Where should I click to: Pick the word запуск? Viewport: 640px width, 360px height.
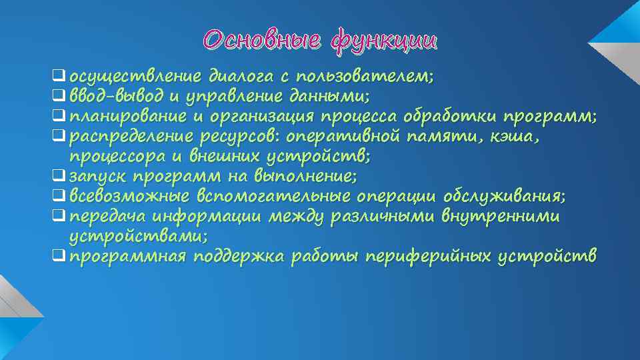[x=99, y=177]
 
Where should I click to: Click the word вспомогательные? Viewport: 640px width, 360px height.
[x=275, y=197]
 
